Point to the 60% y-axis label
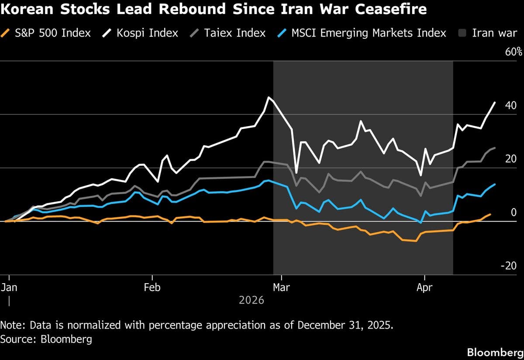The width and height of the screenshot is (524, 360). point(514,52)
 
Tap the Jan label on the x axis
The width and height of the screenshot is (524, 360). point(9,288)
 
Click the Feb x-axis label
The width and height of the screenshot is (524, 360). point(152,288)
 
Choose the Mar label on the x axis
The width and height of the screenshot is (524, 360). point(282,288)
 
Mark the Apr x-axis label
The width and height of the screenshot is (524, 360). point(424,288)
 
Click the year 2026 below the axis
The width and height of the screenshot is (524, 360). point(252,300)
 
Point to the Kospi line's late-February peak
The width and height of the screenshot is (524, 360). point(269,97)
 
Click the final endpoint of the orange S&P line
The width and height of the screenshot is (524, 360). point(490,214)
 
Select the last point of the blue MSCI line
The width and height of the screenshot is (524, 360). point(495,184)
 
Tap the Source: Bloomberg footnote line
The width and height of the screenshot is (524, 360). point(46,339)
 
